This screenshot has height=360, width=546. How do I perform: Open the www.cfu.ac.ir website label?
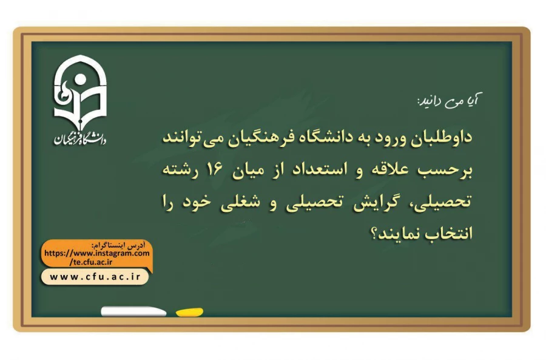95,277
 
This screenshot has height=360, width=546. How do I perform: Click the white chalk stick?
133,311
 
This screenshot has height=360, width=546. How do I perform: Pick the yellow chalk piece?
189,312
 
